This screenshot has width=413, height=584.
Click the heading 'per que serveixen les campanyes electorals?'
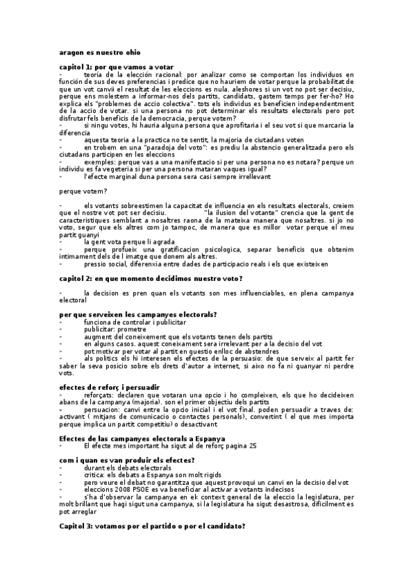(138, 315)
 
